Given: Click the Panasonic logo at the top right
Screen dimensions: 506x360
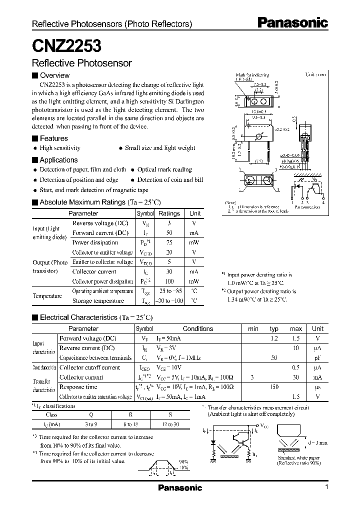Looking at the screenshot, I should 292,22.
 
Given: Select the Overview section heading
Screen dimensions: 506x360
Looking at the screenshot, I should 54,75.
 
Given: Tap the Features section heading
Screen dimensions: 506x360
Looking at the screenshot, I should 53,138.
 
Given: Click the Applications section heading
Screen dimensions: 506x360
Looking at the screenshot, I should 58,160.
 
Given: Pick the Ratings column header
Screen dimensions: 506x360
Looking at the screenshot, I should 169,213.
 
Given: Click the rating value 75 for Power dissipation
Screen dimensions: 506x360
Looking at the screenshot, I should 169,242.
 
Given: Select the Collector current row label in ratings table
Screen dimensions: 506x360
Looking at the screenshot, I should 94,271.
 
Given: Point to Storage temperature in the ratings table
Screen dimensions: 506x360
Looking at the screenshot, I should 98,301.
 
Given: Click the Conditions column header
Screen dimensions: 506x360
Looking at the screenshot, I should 198,329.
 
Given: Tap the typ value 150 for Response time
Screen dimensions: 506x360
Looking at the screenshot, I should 274,387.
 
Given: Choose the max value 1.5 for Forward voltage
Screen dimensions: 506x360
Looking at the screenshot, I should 296,338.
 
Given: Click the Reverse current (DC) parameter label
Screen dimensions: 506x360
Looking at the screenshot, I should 87,348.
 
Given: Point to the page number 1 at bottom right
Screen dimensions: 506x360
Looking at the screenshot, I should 326,487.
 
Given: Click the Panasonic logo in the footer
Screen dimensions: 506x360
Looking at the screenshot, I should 180,487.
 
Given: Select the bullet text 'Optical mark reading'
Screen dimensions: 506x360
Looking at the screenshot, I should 164,169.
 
